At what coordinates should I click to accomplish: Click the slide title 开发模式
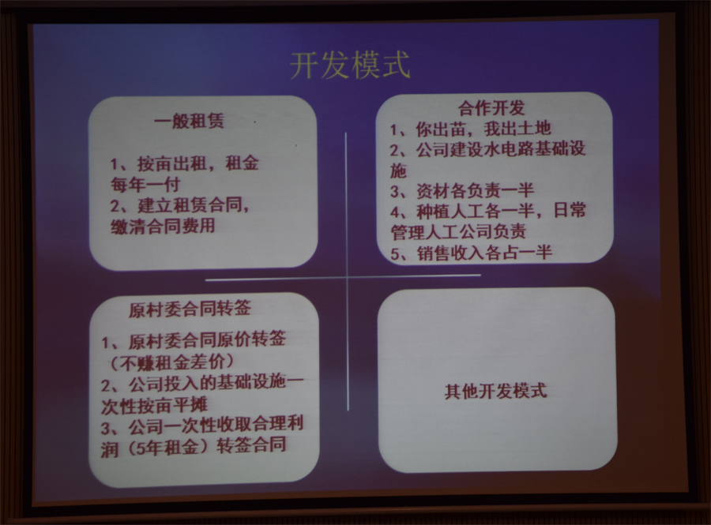click(x=350, y=66)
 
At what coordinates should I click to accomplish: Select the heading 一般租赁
click(x=189, y=122)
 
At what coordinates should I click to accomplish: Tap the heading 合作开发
click(x=491, y=108)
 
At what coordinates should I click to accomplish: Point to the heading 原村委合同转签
click(x=190, y=309)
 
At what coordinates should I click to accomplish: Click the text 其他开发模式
click(x=495, y=391)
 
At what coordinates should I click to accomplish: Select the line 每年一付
click(x=145, y=185)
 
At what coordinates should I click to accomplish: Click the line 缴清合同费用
click(x=163, y=226)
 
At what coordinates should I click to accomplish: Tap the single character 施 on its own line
click(x=399, y=171)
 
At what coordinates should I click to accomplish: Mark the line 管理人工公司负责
click(x=458, y=231)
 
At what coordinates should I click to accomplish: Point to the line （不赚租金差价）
click(x=172, y=362)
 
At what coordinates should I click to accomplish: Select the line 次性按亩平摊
click(x=154, y=406)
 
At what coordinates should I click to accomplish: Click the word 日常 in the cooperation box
click(x=570, y=210)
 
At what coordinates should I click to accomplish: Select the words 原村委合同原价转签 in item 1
click(x=207, y=339)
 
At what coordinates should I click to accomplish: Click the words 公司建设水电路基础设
click(x=501, y=149)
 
